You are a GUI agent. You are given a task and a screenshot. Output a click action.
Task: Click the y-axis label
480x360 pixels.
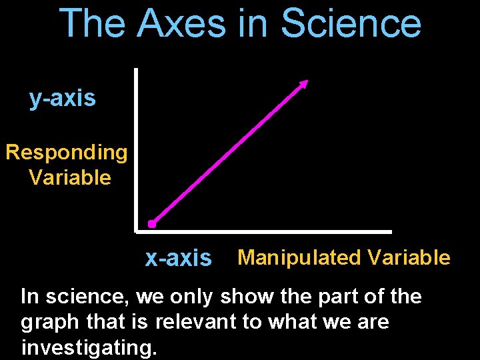click(x=63, y=99)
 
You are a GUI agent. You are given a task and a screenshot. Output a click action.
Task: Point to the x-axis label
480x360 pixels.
click(x=178, y=258)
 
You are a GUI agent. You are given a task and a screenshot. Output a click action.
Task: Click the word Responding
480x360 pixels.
click(x=66, y=153)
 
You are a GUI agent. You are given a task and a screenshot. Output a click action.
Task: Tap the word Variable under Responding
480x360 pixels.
click(x=70, y=177)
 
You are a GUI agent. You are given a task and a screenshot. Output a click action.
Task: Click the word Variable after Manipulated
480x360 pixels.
click(x=408, y=257)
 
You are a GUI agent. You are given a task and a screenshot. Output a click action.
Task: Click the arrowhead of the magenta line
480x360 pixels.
click(x=304, y=83)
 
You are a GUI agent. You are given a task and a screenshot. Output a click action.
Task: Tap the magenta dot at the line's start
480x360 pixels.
click(x=152, y=224)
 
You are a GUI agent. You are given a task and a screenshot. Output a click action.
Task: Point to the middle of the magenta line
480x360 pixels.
click(x=228, y=154)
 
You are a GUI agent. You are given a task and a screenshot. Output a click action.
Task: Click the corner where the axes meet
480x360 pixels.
click(x=136, y=231)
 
